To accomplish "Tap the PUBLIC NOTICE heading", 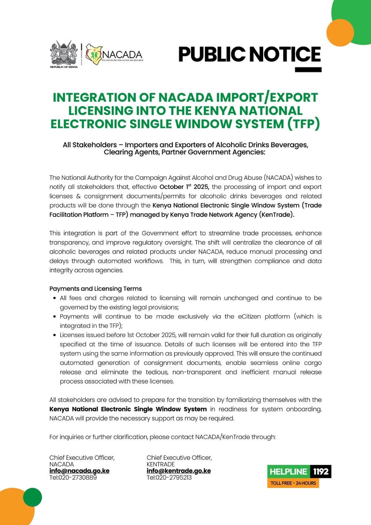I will (249, 54).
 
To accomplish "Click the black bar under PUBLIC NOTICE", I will (308, 70).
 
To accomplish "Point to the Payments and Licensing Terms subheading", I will (95, 289).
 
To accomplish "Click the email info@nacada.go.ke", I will (79, 471).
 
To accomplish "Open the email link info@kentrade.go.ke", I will (178, 471).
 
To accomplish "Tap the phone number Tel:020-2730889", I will (73, 477).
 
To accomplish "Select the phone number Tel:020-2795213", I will (169, 477).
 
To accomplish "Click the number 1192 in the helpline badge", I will (320, 472).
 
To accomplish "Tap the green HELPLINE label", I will (288, 472).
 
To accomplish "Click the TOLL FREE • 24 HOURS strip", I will (293, 483).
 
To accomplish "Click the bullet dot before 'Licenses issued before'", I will (54, 335).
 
